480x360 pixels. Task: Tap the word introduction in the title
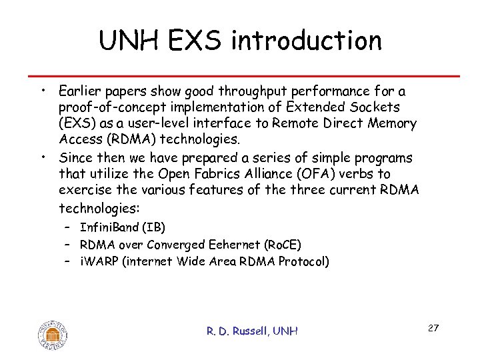(x=306, y=41)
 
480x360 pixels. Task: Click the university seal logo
(x=53, y=333)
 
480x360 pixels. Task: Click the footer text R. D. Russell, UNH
(x=253, y=331)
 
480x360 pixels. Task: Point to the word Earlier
(x=79, y=91)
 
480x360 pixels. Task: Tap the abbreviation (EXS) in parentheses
(x=76, y=123)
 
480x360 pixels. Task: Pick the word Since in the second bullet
(x=75, y=158)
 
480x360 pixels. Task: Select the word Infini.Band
(x=107, y=228)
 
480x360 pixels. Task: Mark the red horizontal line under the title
(x=240, y=75)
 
